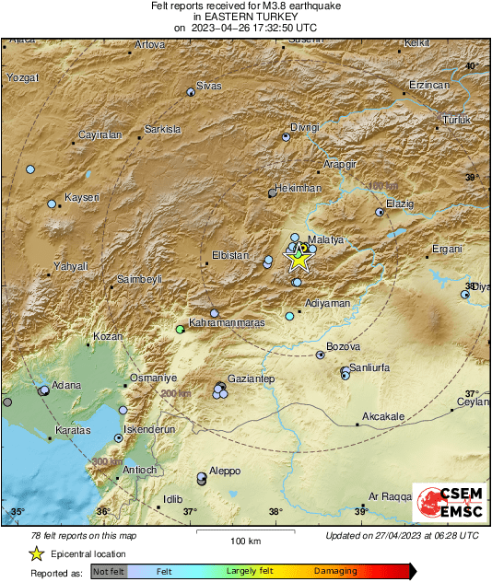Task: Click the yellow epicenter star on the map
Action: click(299, 259)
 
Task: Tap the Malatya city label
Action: click(325, 239)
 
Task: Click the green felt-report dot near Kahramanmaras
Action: click(181, 329)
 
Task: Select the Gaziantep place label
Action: click(252, 378)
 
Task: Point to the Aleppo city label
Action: click(225, 471)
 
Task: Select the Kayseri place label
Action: click(82, 197)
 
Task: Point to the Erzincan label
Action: click(428, 85)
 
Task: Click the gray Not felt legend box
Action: click(110, 571)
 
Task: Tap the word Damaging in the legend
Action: click(335, 571)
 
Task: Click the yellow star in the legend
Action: click(36, 553)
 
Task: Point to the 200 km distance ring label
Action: click(174, 393)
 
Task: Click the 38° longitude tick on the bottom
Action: click(275, 512)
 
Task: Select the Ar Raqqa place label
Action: click(390, 496)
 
